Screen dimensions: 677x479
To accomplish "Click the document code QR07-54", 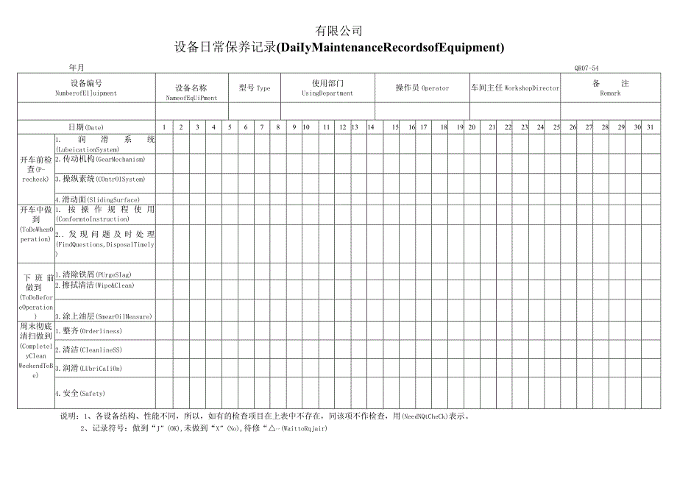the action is pyautogui.click(x=586, y=68).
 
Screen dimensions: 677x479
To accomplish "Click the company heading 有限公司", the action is pyautogui.click(x=338, y=31).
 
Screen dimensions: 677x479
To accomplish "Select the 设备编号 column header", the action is pyautogui.click(x=86, y=88).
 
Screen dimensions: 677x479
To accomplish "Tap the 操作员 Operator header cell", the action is pyautogui.click(x=422, y=88).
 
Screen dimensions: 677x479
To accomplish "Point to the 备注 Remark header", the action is pyautogui.click(x=610, y=88).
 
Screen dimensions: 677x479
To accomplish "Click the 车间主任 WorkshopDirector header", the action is pyautogui.click(x=515, y=88).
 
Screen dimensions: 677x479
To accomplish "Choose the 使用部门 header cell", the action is pyautogui.click(x=327, y=88).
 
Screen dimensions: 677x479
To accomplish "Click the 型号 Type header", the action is pyautogui.click(x=255, y=88).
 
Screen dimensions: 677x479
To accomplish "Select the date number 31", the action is pyautogui.click(x=650, y=127).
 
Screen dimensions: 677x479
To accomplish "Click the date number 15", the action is pyautogui.click(x=395, y=127).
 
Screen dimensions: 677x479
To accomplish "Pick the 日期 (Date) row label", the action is pyautogui.click(x=86, y=127).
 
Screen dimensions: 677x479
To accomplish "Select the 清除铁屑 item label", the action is pyautogui.click(x=94, y=274).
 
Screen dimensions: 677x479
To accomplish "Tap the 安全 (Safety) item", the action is pyautogui.click(x=80, y=393).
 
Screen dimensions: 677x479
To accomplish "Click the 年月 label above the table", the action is pyautogui.click(x=77, y=68).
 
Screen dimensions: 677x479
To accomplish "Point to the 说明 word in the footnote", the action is pyautogui.click(x=67, y=415).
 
